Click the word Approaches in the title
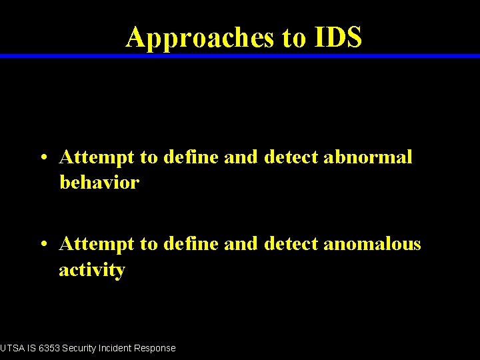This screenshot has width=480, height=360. [199, 38]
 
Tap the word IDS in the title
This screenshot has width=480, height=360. [336, 37]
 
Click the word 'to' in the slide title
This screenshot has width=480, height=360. [293, 38]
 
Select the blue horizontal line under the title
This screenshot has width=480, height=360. [240, 56]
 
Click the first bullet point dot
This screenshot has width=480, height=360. [43, 159]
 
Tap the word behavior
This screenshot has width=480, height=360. [99, 183]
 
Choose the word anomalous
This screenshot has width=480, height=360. [372, 245]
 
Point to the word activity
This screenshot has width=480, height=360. [92, 270]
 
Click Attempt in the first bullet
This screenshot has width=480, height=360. [97, 158]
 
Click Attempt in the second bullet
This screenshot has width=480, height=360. [97, 245]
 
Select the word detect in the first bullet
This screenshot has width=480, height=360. [291, 157]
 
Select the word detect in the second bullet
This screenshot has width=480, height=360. [291, 245]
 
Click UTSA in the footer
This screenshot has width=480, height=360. [11, 348]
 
